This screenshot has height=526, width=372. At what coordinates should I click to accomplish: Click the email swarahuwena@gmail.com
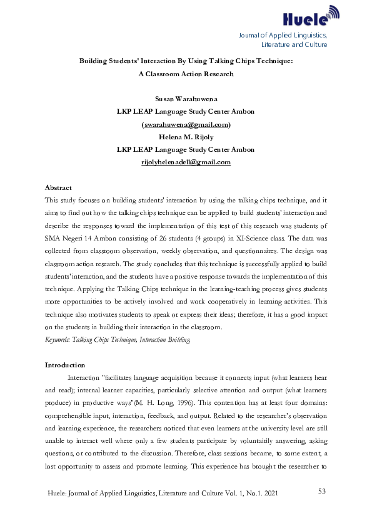coord(186,124)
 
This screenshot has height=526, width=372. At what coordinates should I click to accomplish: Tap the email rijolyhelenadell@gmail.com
coord(186,162)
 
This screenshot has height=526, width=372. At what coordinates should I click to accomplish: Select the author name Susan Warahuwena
coord(186,99)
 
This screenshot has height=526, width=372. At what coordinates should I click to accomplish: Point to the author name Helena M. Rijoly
coord(186,137)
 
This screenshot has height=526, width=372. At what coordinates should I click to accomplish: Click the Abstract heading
coord(58,187)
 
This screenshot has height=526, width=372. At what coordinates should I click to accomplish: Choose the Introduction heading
coord(65,365)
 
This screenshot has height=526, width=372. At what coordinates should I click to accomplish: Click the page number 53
coord(322,492)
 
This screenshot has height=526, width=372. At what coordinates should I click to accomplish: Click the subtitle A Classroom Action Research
coord(186,74)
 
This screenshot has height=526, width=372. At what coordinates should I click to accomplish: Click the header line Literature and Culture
coord(293,44)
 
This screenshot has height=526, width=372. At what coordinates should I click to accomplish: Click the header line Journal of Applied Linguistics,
coord(283,34)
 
